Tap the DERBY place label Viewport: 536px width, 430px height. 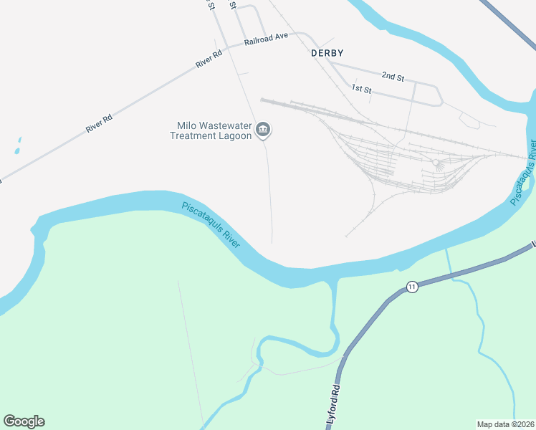327,53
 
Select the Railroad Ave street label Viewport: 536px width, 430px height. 266,39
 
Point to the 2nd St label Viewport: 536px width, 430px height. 393,75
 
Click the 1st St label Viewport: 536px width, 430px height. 361,89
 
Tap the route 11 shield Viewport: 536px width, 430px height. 411,287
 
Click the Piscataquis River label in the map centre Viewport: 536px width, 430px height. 212,224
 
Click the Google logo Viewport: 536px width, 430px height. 24,421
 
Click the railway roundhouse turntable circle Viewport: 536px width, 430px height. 435,163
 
